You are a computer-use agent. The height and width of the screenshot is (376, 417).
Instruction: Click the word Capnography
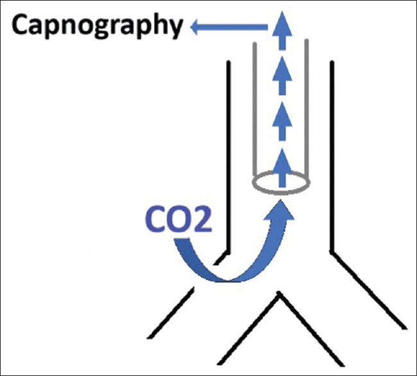96,27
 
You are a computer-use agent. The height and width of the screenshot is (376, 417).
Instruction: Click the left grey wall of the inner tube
254,109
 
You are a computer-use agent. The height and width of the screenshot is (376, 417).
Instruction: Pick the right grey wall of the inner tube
307,109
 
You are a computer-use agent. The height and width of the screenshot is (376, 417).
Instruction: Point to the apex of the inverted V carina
278,295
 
